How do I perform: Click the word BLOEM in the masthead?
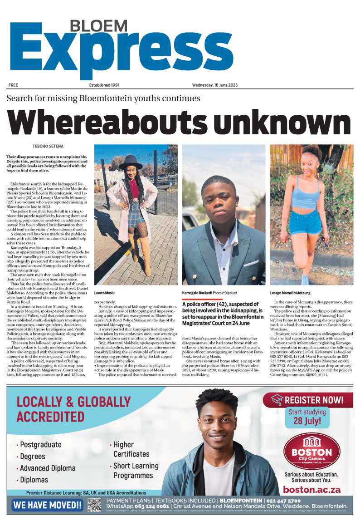pos(99,26)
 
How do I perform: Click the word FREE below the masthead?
pos(13,85)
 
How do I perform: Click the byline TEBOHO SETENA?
pos(48,146)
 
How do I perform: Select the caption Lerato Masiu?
pos(105,293)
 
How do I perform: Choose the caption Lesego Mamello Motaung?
pos(290,293)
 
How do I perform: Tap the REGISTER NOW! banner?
pos(307,400)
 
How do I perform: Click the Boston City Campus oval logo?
pos(311,451)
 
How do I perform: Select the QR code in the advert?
pos(94,505)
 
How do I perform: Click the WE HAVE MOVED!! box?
pos(48,505)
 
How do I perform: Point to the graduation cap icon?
pos(277,400)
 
